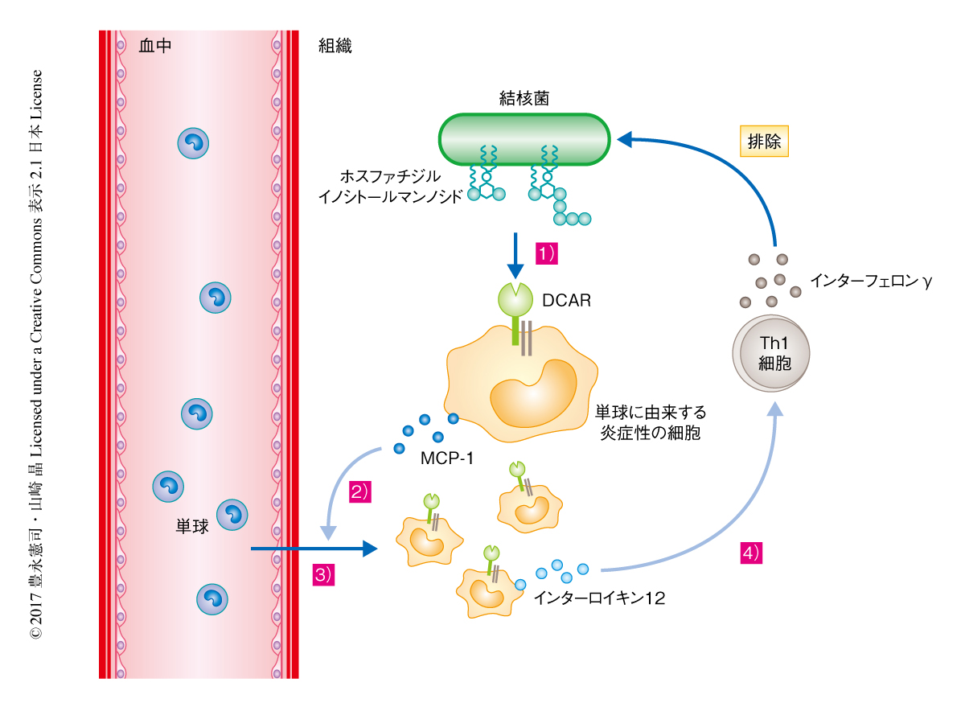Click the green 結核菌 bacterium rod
tap(524, 138)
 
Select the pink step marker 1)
tap(547, 253)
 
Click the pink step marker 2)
tap(359, 493)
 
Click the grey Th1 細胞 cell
tap(770, 353)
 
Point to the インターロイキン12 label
tap(599, 598)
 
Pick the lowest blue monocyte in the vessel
tap(212, 598)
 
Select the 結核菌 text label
tap(524, 98)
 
